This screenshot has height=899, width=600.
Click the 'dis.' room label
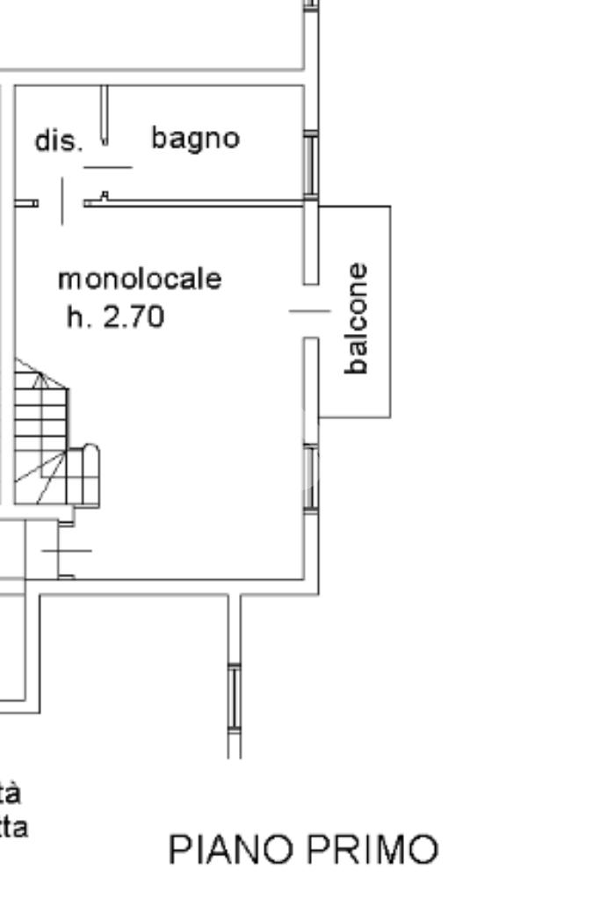point(58,141)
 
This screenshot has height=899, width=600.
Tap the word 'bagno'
point(195,138)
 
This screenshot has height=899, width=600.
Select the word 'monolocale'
point(140,279)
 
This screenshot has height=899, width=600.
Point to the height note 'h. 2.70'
point(115,316)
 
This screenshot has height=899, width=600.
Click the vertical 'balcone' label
point(357,318)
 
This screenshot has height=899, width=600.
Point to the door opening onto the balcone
point(310,310)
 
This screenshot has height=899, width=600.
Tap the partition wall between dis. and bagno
point(105,114)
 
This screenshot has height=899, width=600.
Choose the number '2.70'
point(134,316)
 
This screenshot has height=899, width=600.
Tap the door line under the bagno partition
point(107,167)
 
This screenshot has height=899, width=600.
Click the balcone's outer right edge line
point(390,311)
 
